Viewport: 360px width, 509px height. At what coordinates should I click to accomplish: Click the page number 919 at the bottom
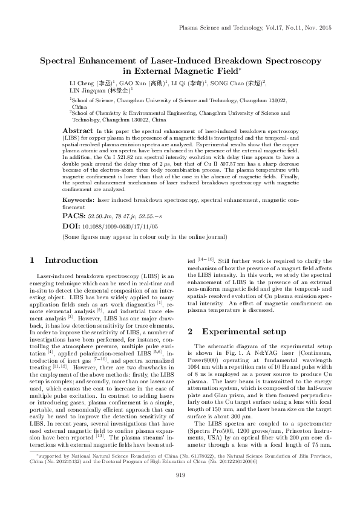click(x=180, y=493)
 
